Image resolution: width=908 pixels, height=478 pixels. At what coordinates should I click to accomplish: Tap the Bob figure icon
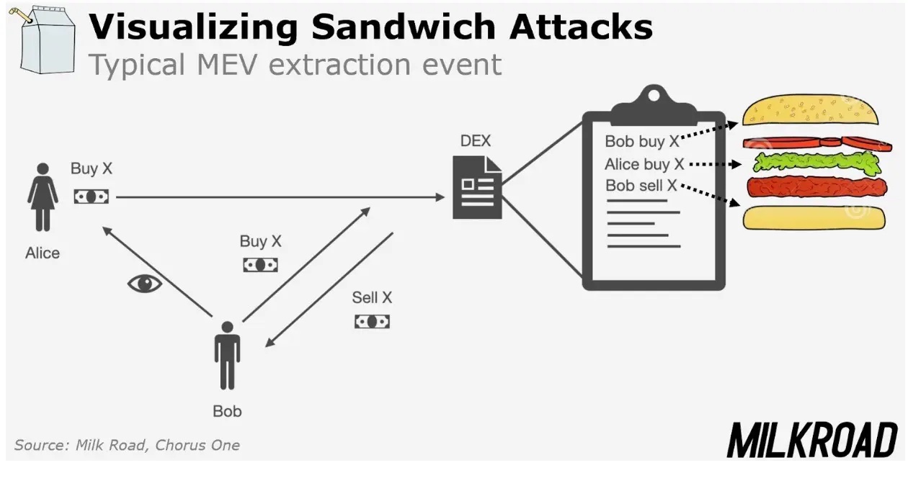227,356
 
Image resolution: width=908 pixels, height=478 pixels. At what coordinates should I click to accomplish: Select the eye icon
145,284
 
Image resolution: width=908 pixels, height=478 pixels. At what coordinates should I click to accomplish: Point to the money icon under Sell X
372,322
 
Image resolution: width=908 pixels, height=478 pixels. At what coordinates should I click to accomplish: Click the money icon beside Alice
92,197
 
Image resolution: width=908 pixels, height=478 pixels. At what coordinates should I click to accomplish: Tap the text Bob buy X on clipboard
641,142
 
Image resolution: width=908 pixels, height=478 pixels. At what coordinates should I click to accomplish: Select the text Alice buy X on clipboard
644,165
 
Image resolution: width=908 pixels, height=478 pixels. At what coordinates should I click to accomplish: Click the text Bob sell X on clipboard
641,186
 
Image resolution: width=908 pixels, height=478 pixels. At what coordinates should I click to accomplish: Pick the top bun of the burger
811,110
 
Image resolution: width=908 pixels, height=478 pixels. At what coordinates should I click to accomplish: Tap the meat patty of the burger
816,188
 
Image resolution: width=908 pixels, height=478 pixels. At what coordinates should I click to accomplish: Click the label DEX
476,141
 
